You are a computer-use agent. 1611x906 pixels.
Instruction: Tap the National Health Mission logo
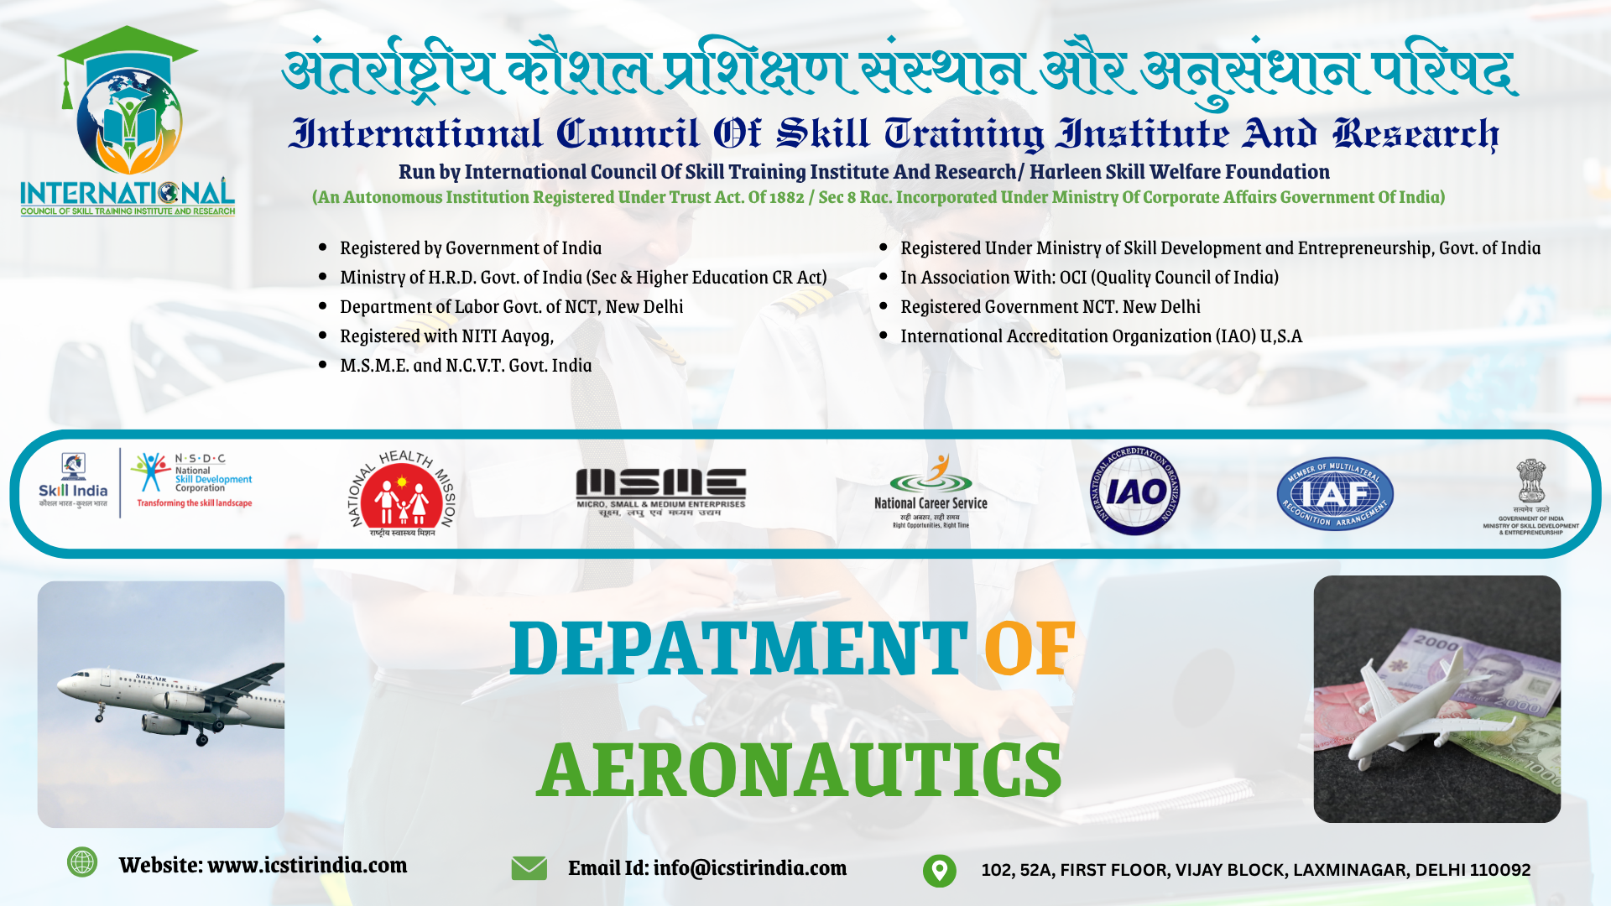click(x=402, y=493)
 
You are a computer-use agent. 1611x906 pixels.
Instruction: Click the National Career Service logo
click(x=931, y=492)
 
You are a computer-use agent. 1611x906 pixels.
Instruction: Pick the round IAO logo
click(x=1135, y=491)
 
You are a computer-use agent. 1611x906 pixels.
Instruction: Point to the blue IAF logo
click(x=1334, y=494)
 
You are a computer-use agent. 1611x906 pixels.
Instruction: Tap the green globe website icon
click(x=82, y=862)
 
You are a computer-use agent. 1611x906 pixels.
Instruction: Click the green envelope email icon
click(x=529, y=868)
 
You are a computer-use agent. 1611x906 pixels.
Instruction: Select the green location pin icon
click(x=939, y=870)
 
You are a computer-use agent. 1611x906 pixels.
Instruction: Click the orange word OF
click(x=1030, y=648)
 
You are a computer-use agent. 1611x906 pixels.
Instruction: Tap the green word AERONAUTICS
click(x=800, y=770)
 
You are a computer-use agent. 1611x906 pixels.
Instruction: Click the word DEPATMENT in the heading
click(x=738, y=648)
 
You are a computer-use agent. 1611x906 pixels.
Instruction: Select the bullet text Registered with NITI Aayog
click(x=446, y=336)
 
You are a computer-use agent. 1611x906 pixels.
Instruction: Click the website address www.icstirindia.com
click(x=307, y=865)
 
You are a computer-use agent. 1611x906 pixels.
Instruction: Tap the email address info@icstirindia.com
click(x=749, y=868)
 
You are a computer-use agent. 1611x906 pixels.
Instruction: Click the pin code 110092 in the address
click(x=1500, y=870)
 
